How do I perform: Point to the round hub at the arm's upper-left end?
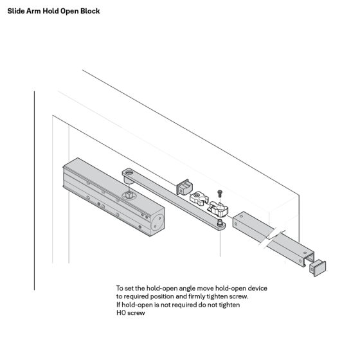click(128, 172)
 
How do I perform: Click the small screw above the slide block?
click(219, 193)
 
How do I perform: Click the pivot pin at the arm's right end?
click(221, 224)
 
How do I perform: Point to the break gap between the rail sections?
click(267, 237)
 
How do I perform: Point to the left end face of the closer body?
click(64, 177)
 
